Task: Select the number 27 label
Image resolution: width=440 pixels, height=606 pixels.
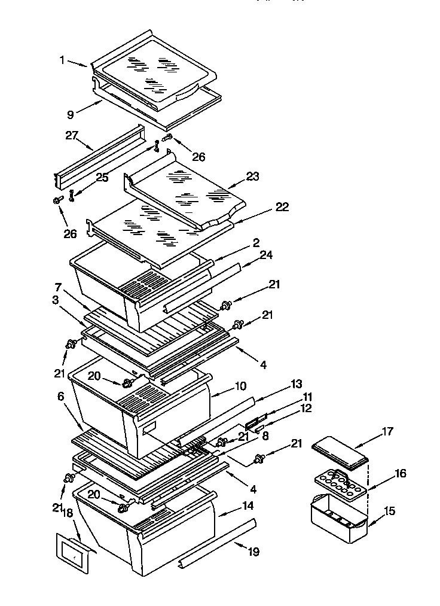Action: (x=72, y=136)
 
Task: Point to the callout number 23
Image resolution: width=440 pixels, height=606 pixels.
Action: (x=253, y=177)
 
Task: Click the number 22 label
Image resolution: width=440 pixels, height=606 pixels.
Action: (x=282, y=207)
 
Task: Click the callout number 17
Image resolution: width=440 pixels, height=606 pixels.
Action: (x=387, y=431)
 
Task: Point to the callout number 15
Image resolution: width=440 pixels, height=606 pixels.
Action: (x=389, y=511)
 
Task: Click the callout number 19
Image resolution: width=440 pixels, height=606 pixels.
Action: (x=253, y=552)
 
